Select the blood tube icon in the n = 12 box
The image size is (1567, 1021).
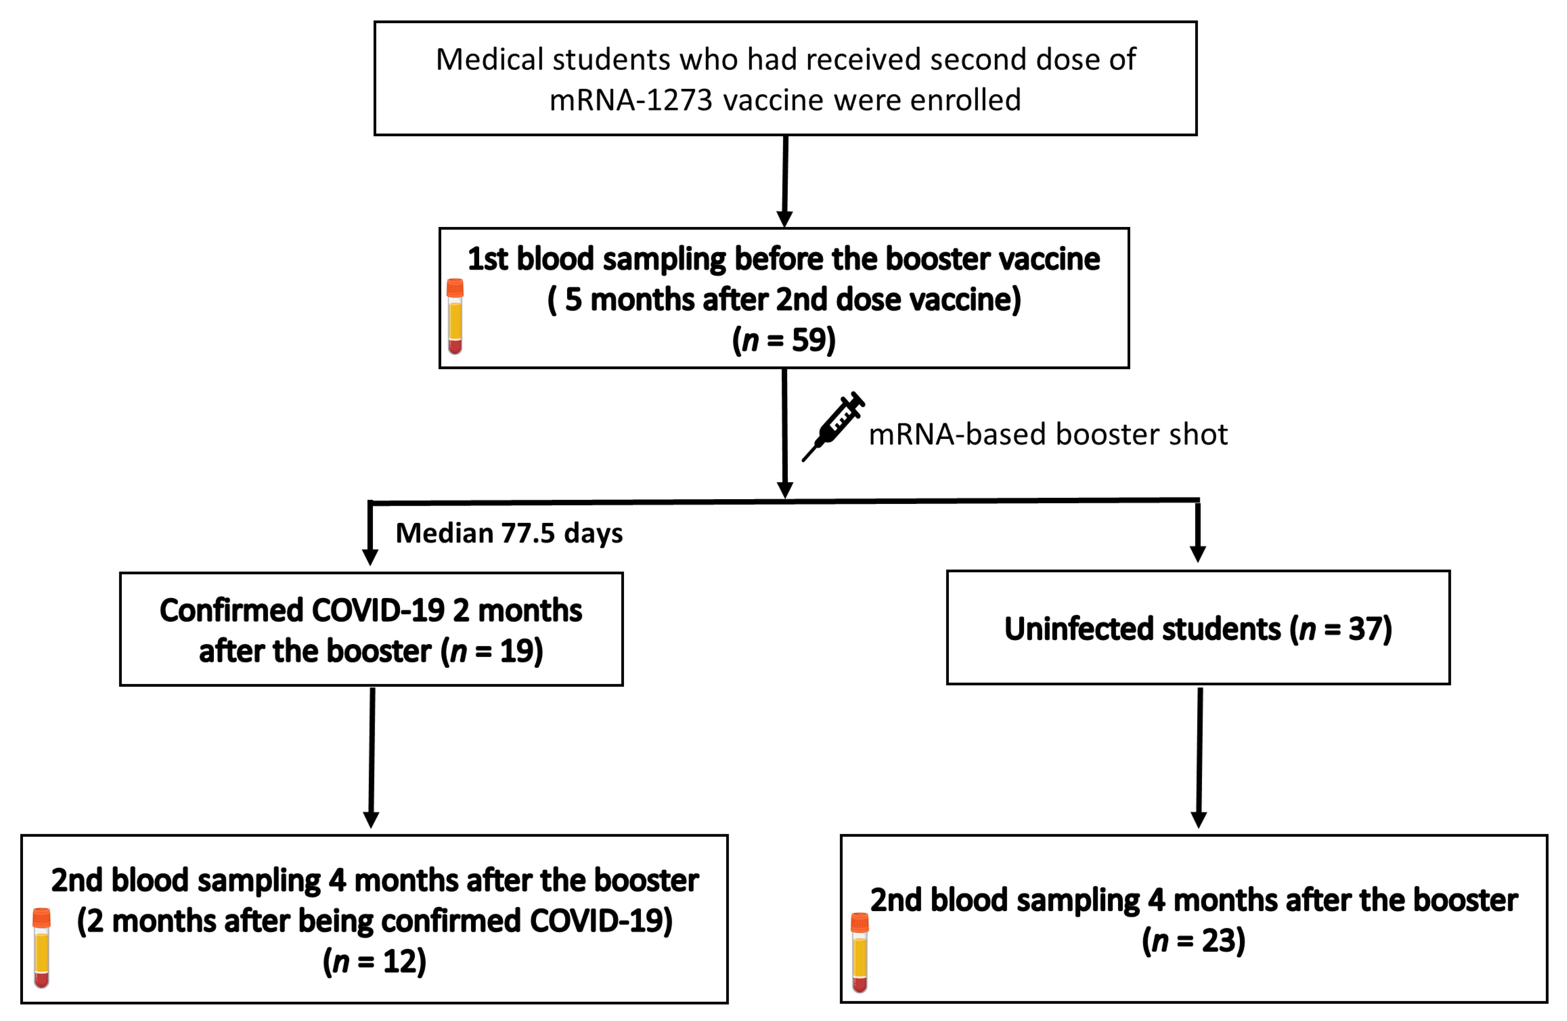coord(42,948)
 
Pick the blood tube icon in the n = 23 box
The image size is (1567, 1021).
coord(859,952)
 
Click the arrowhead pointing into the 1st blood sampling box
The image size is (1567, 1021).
coord(784,219)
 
